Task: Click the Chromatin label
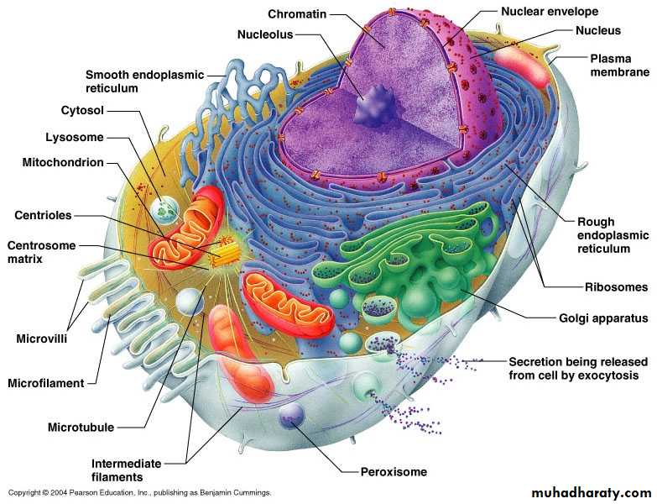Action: [297, 14]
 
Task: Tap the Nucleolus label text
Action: [265, 34]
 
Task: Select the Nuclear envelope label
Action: [550, 12]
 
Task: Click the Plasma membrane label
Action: [619, 66]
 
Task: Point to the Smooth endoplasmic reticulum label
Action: [144, 81]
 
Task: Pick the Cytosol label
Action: [82, 110]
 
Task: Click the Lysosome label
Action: [74, 137]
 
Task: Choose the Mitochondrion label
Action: [63, 162]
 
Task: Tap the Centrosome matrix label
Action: [41, 252]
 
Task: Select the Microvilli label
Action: [41, 339]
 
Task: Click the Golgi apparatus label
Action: [603, 318]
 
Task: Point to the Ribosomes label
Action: [616, 287]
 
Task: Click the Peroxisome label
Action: [394, 472]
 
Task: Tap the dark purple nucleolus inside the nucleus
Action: [375, 107]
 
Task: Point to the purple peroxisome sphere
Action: [291, 416]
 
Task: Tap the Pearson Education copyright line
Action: [139, 492]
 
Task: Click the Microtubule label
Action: [81, 428]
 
